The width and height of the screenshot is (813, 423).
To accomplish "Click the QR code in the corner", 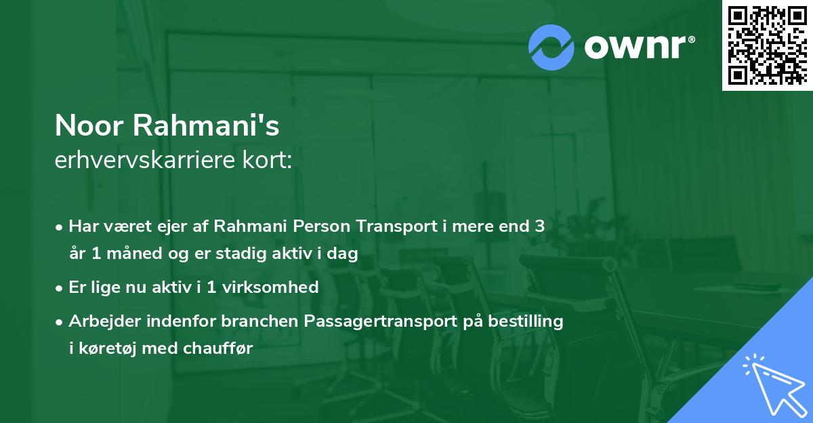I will [x=767, y=45].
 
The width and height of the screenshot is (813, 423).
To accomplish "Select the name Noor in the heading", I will [x=89, y=126].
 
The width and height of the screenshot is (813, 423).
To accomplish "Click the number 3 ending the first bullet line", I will [x=539, y=226].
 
